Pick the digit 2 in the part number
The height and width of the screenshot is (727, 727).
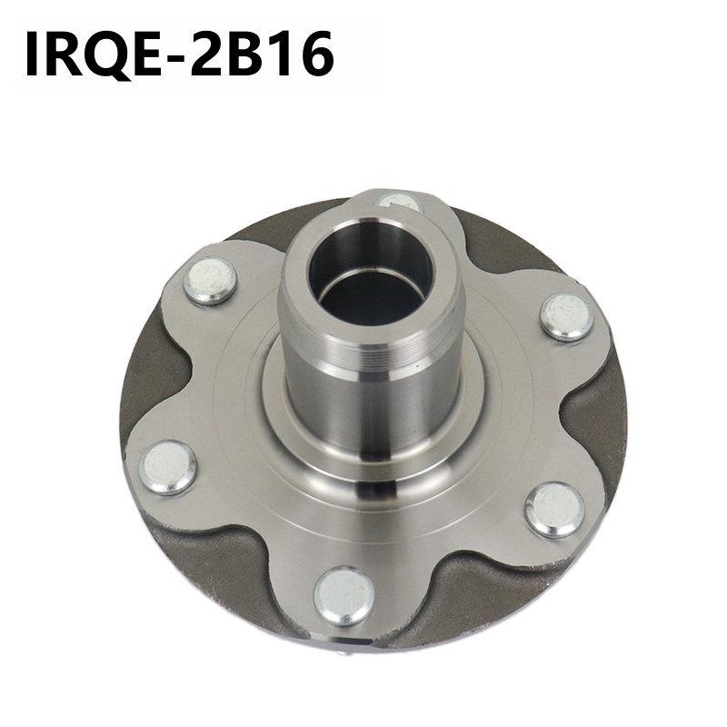(x=224, y=55)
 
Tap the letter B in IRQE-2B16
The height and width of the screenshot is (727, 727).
(x=264, y=55)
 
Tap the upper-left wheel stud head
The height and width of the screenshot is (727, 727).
(x=210, y=280)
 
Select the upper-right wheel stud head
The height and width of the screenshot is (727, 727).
(x=566, y=315)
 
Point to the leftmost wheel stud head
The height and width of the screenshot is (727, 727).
(x=170, y=466)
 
